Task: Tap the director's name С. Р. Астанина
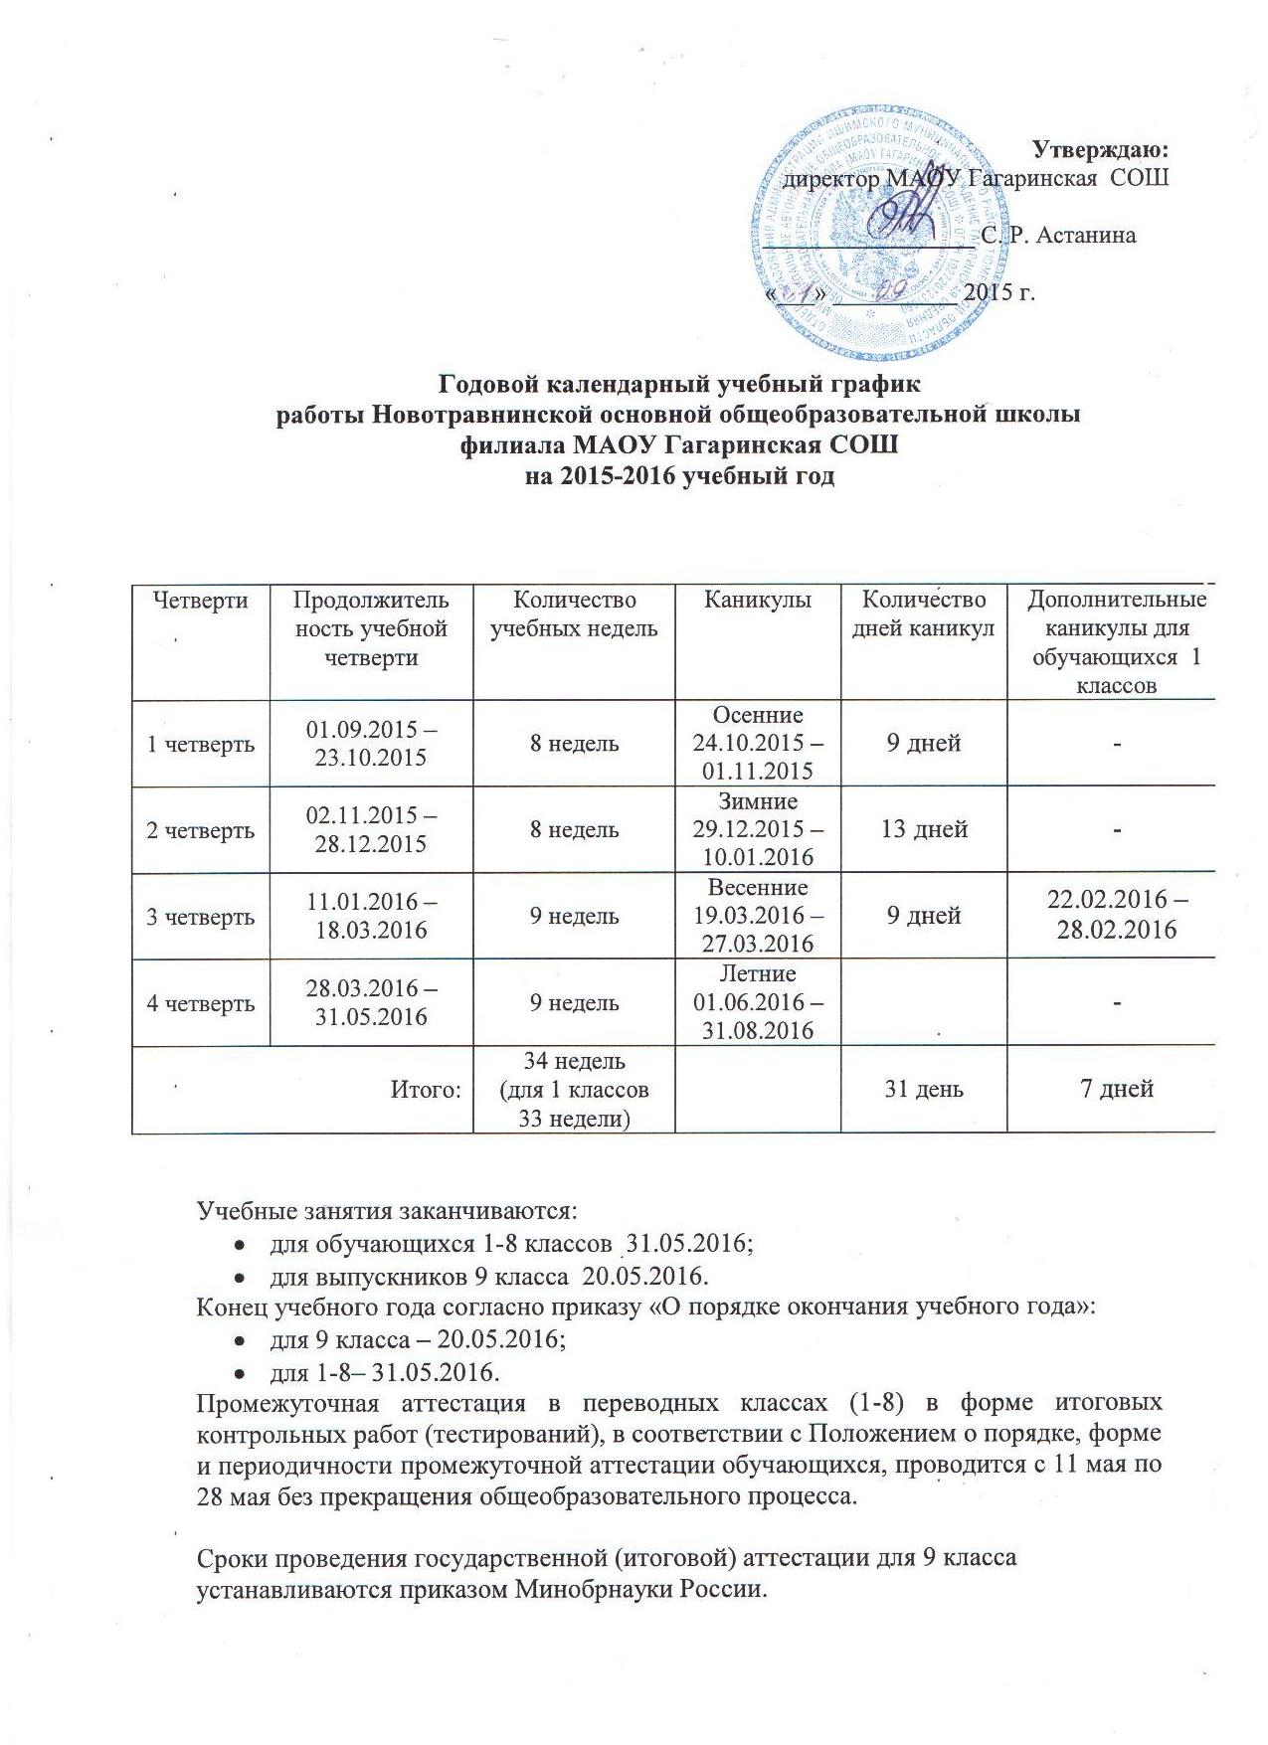point(1058,236)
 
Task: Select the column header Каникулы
point(758,601)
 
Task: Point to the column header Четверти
point(201,601)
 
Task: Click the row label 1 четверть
point(201,744)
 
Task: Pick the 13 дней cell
point(925,829)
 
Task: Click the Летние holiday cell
point(758,1002)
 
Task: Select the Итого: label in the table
point(427,1090)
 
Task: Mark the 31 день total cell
point(925,1090)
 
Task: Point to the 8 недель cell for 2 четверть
point(574,829)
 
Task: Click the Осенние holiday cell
point(758,743)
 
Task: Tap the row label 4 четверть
point(201,1003)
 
